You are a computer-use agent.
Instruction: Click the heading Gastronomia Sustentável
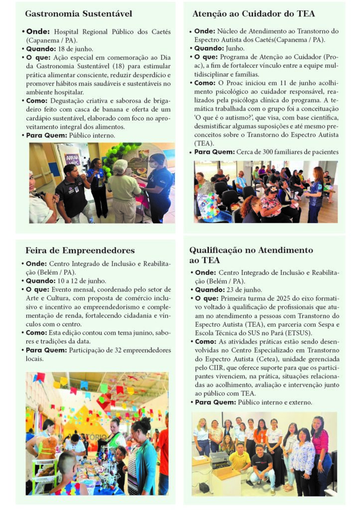pyautogui.click(x=78, y=13)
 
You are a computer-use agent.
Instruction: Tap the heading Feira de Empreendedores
pyautogui.click(x=80, y=250)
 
